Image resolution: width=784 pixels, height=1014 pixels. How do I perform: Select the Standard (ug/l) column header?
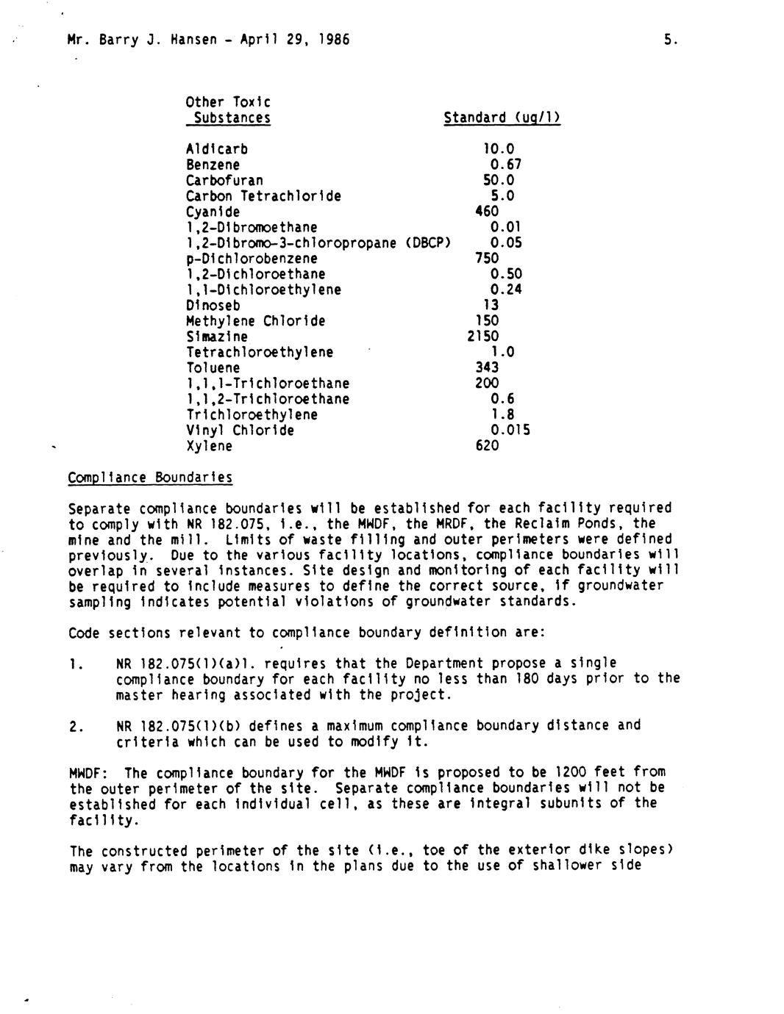tap(502, 118)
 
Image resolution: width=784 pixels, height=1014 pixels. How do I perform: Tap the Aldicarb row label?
tap(216, 149)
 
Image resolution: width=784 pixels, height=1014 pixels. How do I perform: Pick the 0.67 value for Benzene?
tap(505, 165)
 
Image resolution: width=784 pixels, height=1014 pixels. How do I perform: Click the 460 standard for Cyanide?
tap(487, 212)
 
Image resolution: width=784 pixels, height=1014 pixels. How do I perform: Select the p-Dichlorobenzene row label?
tap(252, 259)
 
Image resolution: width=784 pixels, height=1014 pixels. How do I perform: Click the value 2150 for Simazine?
tap(482, 337)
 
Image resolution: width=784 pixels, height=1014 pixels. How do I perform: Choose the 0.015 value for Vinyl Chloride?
tap(510, 430)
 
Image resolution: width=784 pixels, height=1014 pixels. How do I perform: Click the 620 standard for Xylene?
tap(487, 445)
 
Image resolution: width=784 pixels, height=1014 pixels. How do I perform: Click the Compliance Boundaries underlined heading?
tap(150, 478)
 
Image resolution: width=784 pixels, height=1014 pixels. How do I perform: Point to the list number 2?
tap(74, 727)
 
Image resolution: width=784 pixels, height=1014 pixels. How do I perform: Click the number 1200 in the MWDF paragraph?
tap(570, 772)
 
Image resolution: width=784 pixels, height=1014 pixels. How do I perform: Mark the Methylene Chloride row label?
tap(255, 321)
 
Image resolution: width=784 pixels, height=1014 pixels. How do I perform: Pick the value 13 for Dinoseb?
tap(491, 305)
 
